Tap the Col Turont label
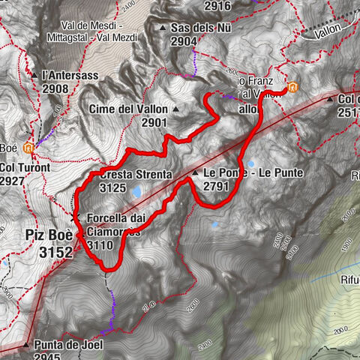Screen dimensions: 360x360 coord(25,167)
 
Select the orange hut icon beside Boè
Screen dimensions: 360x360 coord(29,146)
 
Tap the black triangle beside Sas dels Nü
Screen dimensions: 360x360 coord(163,28)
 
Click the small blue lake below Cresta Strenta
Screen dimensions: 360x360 coord(137,193)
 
